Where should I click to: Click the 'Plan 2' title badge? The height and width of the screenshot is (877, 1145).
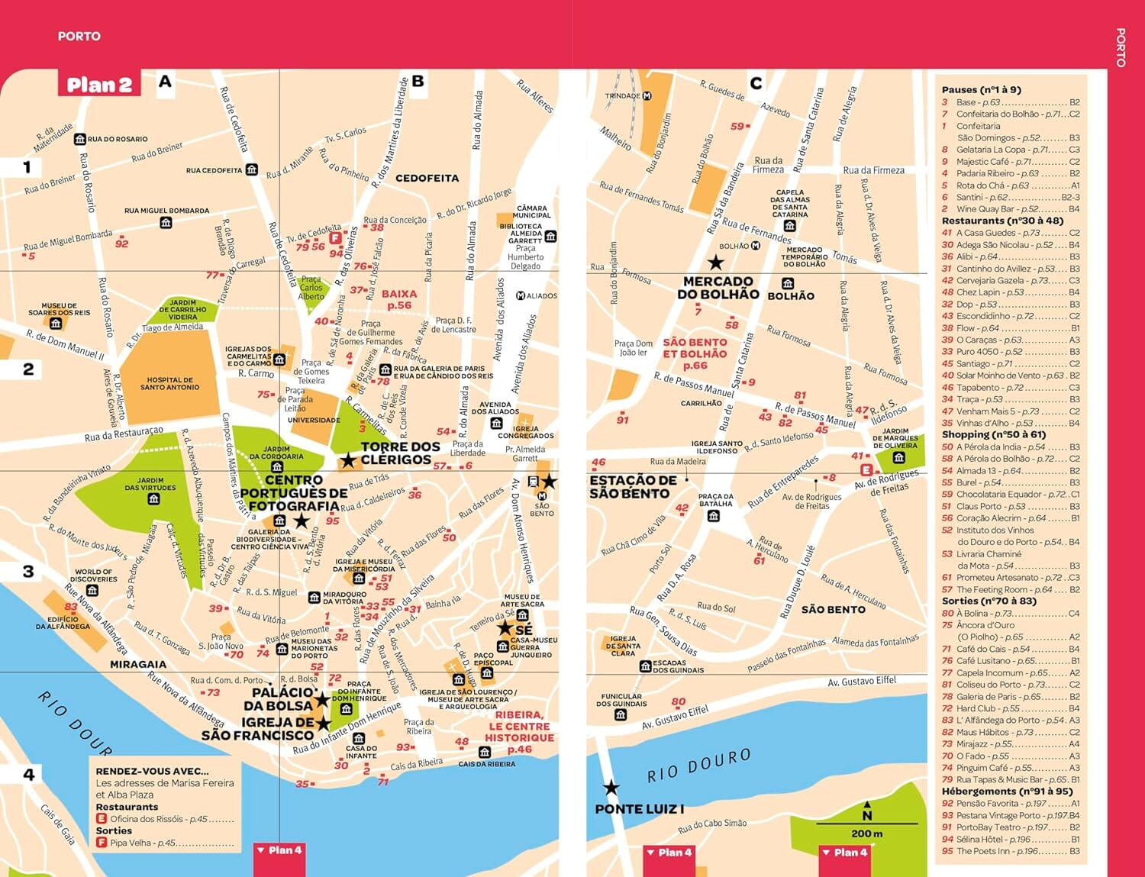[99, 84]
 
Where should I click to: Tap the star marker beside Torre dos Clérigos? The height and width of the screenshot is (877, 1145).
[348, 460]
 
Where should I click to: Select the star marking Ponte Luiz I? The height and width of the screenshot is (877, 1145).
[611, 787]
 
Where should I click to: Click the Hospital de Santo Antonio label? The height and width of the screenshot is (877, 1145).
[169, 383]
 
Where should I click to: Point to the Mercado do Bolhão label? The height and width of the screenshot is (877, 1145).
[718, 288]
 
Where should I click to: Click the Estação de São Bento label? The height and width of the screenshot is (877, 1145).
[633, 487]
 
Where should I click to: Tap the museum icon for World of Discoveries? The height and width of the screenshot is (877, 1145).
[92, 590]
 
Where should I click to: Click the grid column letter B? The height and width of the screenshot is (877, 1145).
[418, 81]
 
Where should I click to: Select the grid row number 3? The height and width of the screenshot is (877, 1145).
[28, 572]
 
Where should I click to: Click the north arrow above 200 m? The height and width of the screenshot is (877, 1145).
[867, 811]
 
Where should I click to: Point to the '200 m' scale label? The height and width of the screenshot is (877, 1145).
[866, 833]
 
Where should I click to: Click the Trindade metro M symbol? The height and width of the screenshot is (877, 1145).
[647, 96]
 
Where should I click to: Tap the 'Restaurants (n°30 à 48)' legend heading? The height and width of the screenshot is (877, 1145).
[1002, 221]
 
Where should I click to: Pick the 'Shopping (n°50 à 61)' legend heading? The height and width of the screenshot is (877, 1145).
[994, 434]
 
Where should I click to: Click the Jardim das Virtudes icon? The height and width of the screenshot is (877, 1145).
[154, 499]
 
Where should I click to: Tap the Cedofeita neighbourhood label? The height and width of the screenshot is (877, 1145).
[427, 178]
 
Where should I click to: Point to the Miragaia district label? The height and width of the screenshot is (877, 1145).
[138, 664]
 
